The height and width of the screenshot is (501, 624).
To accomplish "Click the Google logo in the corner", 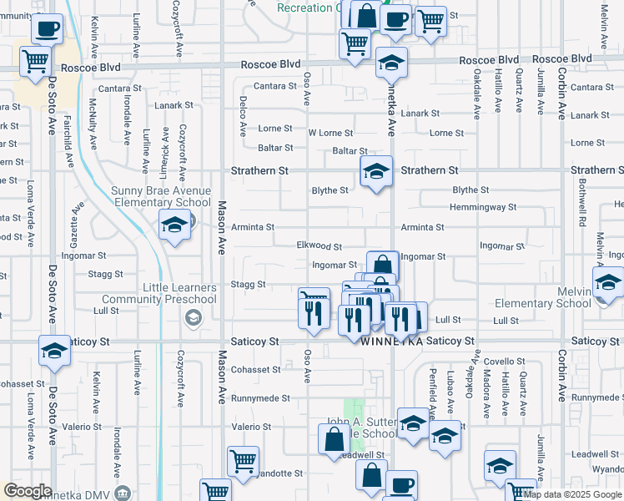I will pyautogui.click(x=28, y=491).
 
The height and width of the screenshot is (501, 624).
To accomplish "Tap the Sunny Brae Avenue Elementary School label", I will pyautogui.click(x=161, y=196).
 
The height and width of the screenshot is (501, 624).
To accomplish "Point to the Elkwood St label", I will pyautogui.click(x=320, y=246).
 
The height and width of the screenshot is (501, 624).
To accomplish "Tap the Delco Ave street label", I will pyautogui.click(x=243, y=119).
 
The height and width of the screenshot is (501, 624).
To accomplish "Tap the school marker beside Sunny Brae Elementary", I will pyautogui.click(x=175, y=225).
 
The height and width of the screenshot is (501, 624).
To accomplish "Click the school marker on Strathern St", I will pyautogui.click(x=376, y=171).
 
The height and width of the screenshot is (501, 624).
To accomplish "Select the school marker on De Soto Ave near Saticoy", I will pyautogui.click(x=54, y=351).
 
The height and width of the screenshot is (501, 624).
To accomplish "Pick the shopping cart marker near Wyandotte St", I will pyautogui.click(x=243, y=461).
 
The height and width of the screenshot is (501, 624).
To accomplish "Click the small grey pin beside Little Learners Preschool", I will pyautogui.click(x=194, y=316).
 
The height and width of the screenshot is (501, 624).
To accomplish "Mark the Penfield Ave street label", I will pyautogui.click(x=432, y=392).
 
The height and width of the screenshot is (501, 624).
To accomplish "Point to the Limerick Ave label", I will pyautogui.click(x=166, y=149).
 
